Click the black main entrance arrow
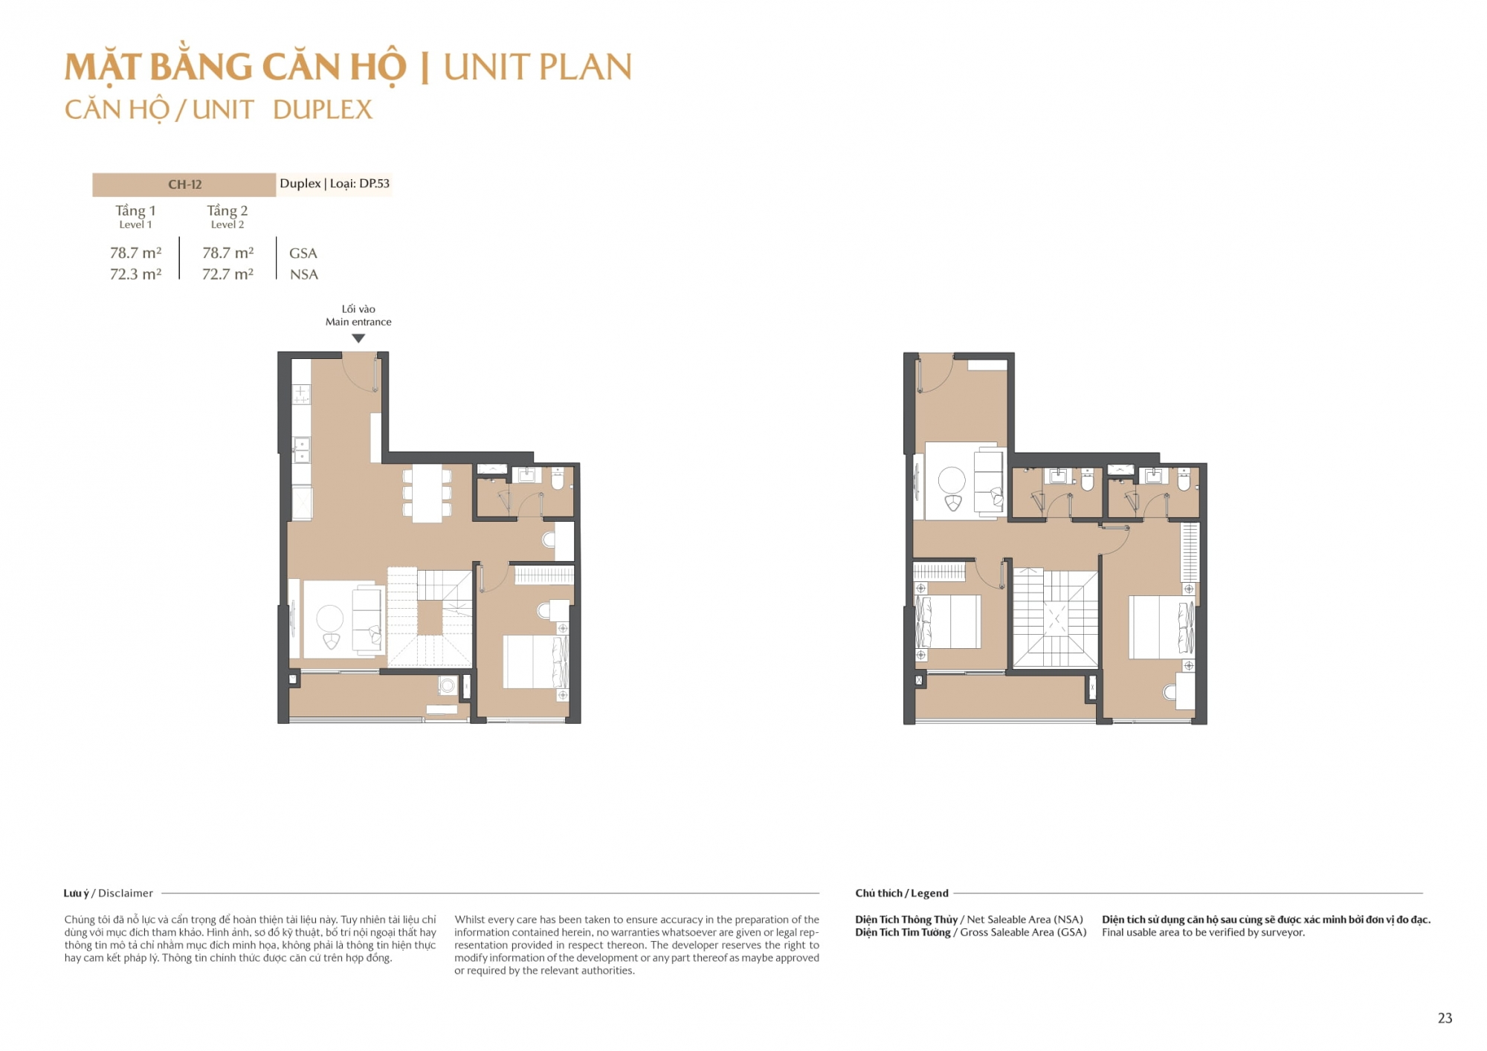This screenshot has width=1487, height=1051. point(358,338)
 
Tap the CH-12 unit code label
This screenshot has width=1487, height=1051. point(184,184)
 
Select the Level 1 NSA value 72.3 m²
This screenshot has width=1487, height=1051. point(135,274)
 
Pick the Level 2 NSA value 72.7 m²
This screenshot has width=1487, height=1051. point(228,274)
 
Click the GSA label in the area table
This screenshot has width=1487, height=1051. point(303,253)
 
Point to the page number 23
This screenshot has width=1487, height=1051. point(1445,1018)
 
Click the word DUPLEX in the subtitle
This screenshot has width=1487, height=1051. point(323,110)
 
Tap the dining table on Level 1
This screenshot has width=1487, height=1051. point(428,494)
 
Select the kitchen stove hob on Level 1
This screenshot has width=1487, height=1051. point(301,394)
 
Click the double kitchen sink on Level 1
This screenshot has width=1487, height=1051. point(301,450)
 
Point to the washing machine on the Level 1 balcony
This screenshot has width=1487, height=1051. point(448,685)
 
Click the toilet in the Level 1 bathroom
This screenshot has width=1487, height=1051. point(558,478)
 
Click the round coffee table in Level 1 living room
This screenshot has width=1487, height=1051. point(330,618)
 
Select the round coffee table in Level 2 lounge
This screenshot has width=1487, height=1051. point(952,480)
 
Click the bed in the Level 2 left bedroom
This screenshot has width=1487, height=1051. point(948,621)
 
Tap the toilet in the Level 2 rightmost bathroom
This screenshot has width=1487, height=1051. point(1184,479)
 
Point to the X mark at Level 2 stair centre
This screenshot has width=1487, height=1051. point(1056,618)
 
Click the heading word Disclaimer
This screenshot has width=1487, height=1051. point(126,893)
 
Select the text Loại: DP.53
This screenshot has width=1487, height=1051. point(360,184)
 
